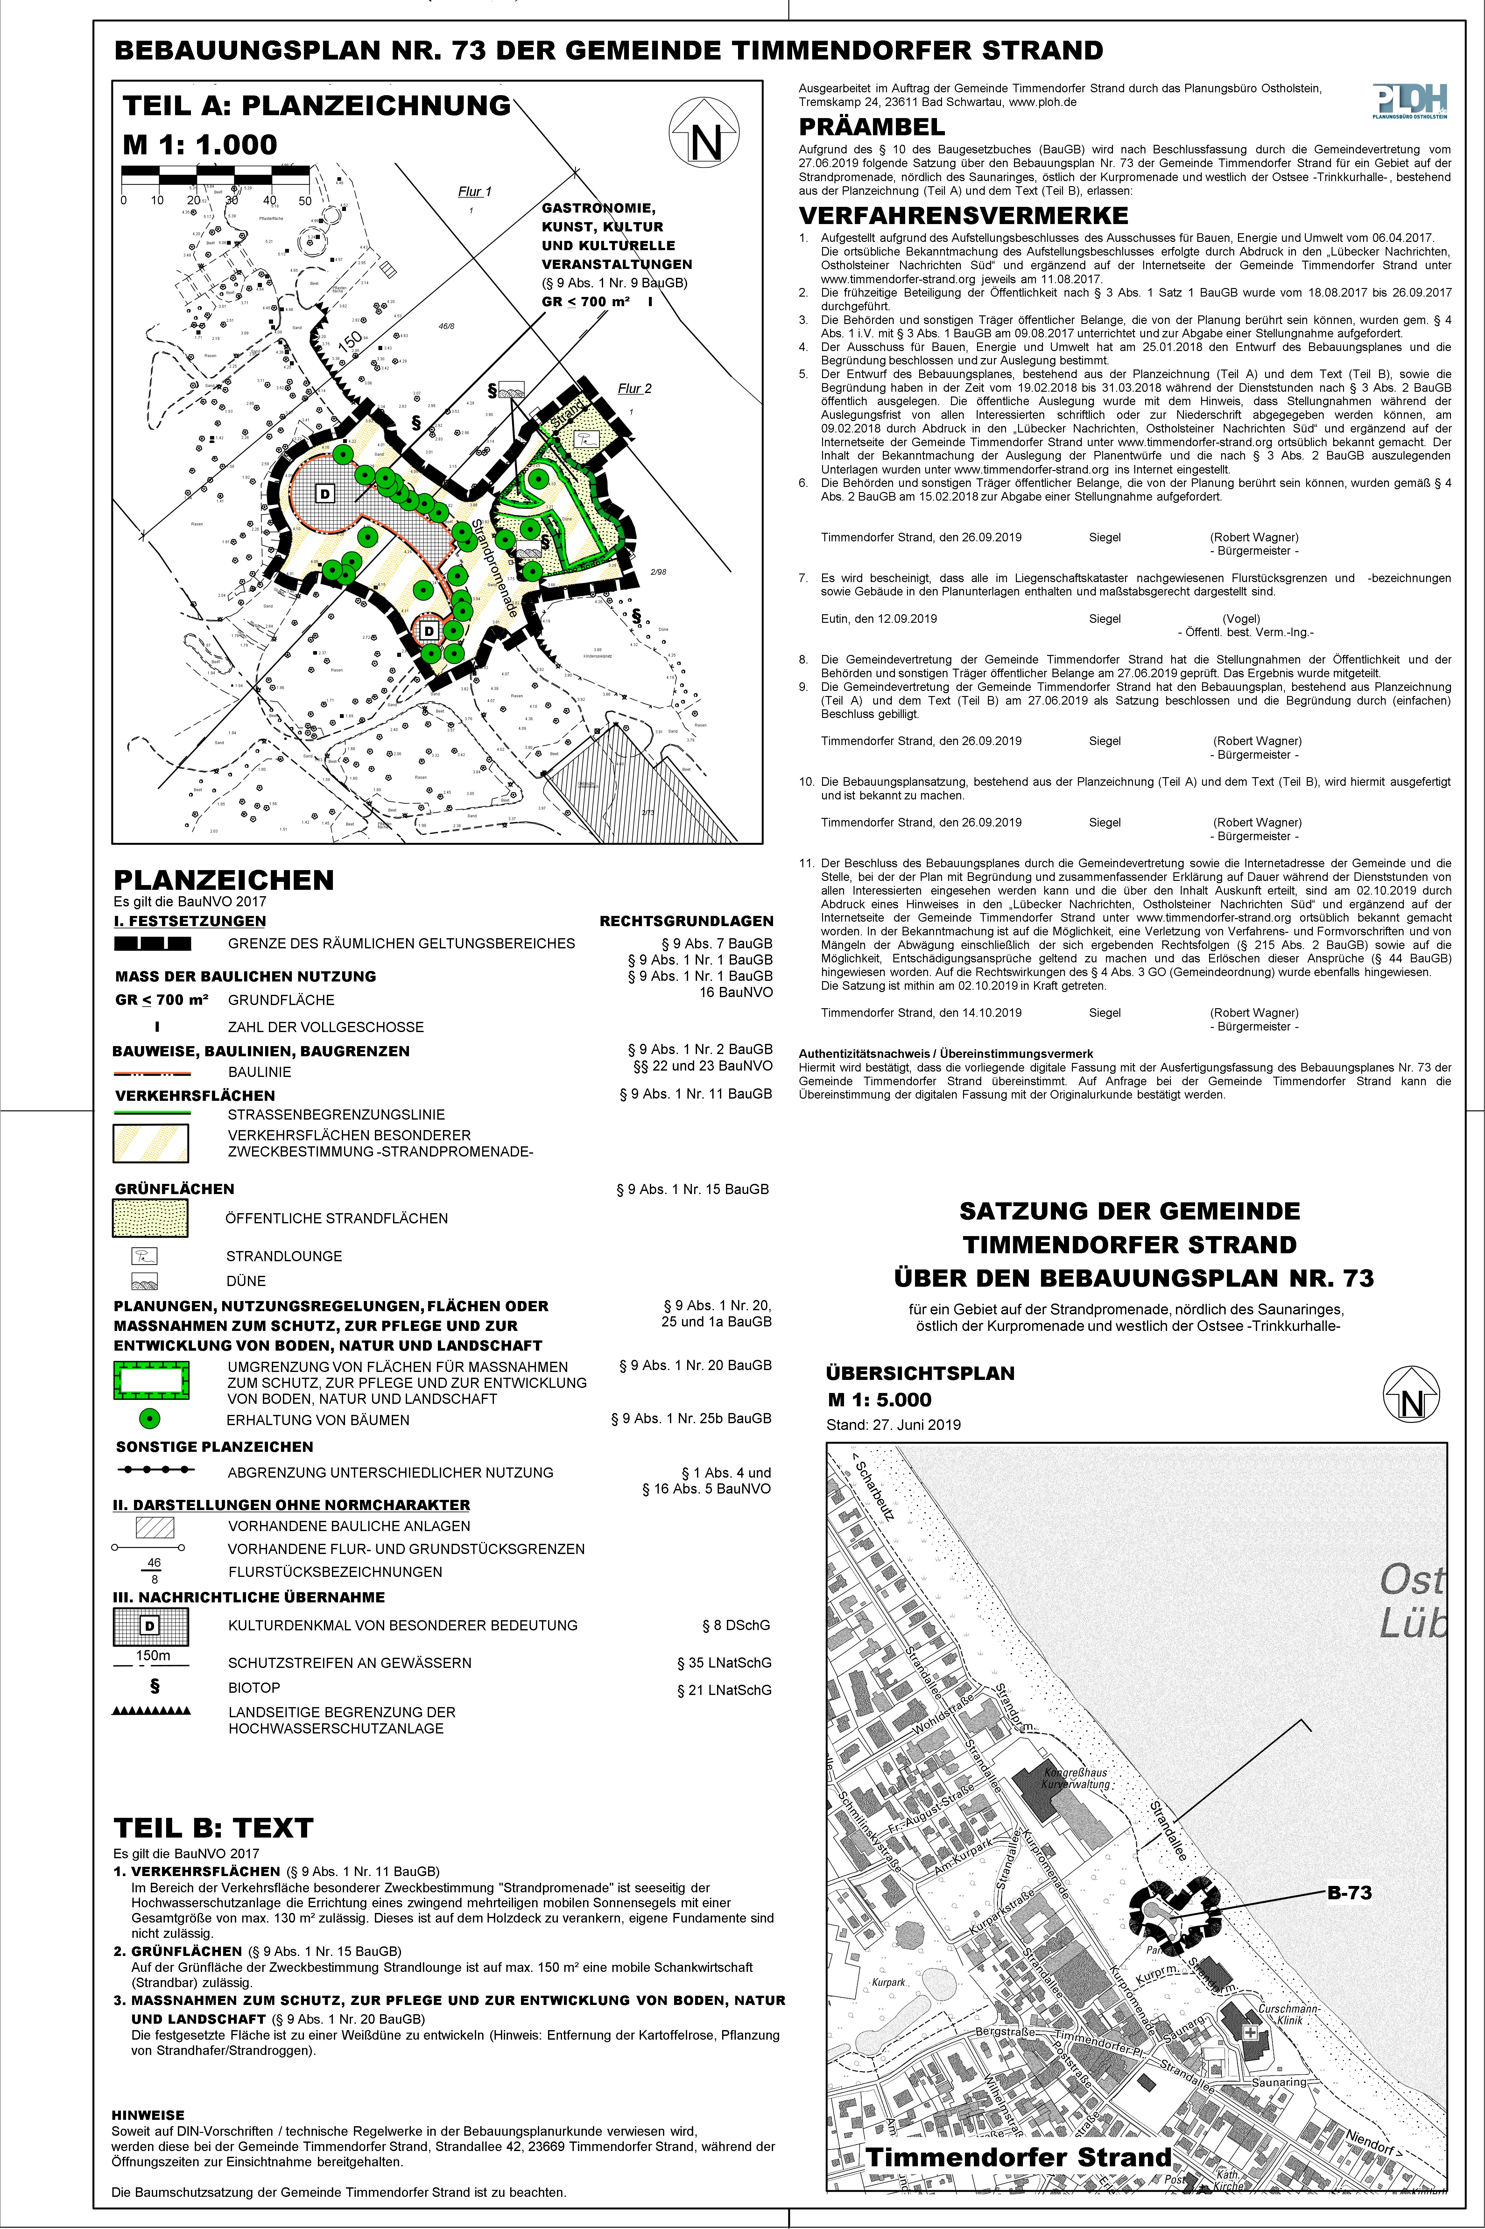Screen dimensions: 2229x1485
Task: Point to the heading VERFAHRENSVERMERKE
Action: [963, 216]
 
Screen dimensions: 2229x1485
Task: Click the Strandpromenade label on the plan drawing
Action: [494, 568]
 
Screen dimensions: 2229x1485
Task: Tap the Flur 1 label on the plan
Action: [475, 191]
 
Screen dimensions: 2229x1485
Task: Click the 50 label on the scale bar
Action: [305, 201]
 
